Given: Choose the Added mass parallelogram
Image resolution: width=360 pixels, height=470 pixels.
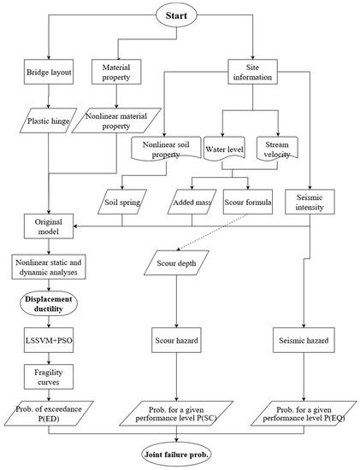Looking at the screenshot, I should (192, 206).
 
